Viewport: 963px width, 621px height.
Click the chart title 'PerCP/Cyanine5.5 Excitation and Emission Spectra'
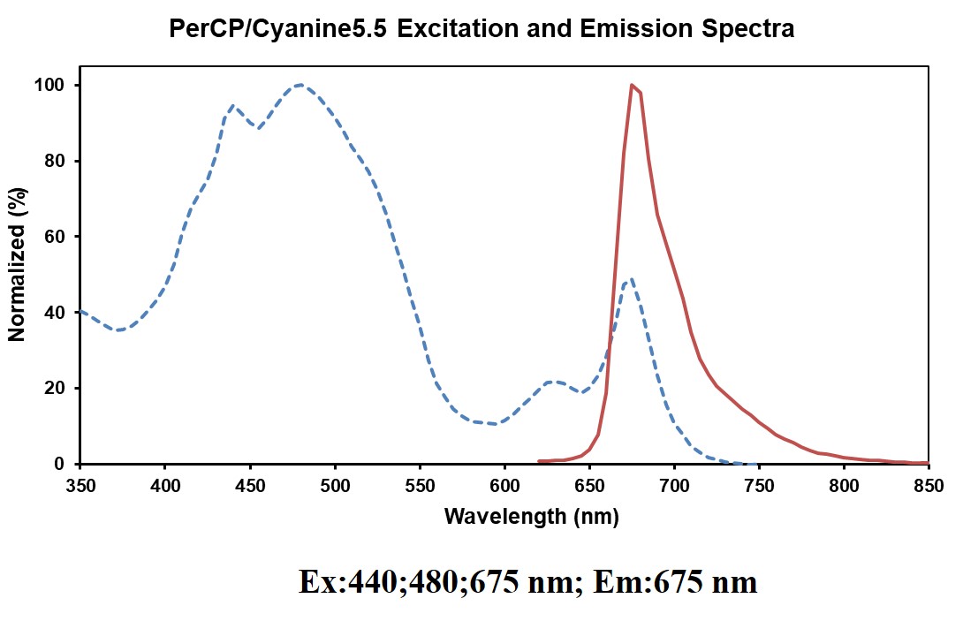pos(481,29)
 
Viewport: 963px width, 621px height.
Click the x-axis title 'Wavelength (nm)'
pos(531,517)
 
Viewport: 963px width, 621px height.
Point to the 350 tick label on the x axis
pos(80,485)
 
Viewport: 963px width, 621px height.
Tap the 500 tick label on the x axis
pos(335,485)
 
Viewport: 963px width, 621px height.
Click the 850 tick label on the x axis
pos(929,485)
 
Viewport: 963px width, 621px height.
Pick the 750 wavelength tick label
pos(759,485)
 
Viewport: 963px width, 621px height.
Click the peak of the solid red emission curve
pos(632,85)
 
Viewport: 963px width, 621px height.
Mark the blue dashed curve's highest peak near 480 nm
pos(300,85)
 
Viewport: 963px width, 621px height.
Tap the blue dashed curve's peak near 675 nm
pos(629,281)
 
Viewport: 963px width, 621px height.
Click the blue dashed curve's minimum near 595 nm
pos(494,423)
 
